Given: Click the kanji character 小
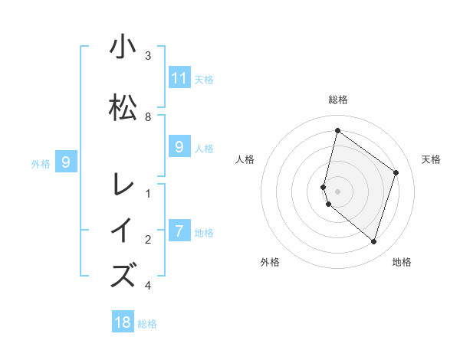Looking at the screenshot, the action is [x=123, y=47].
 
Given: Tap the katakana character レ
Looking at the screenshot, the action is [x=123, y=185].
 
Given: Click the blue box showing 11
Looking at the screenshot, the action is [x=179, y=77].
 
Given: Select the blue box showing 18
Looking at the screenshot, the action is [x=123, y=322].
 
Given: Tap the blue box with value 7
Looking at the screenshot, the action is [x=179, y=231].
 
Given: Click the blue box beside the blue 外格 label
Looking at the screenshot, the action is [x=66, y=162].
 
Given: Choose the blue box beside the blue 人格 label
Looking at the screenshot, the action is [x=179, y=147].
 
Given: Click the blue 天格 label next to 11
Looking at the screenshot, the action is [x=204, y=79].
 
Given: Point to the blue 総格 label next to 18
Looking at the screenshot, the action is [x=147, y=324].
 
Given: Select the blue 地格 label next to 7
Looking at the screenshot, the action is [x=204, y=232].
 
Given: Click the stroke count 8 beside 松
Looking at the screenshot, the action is [x=148, y=117].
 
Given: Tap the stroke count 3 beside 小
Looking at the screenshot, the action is [x=148, y=56].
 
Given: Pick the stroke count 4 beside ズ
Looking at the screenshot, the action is [x=148, y=286].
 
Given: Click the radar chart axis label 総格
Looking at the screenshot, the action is [x=337, y=100].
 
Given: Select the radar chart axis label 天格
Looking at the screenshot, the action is [x=431, y=159].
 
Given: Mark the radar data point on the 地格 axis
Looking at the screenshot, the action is [x=373, y=241].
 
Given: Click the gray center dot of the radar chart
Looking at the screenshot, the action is [x=337, y=191].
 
